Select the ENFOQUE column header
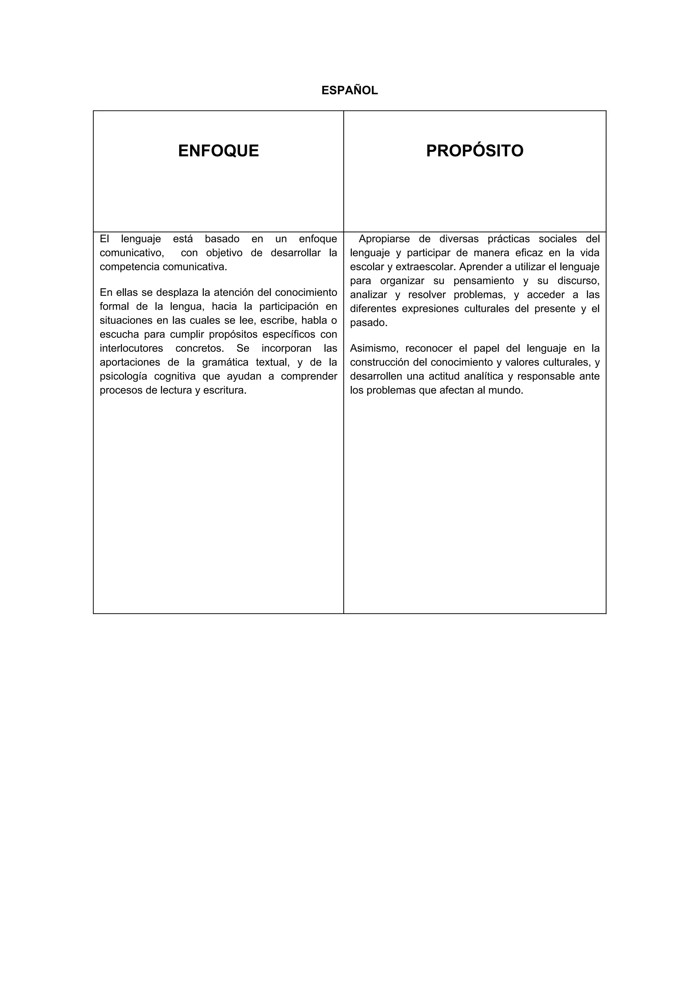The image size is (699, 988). pos(218,151)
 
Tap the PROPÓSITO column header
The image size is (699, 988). pos(475,151)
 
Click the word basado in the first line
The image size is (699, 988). pos(222,239)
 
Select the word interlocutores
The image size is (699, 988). pos(131,348)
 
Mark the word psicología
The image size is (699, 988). pos(123,376)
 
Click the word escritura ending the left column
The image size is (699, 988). pos(225,391)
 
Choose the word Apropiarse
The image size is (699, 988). pos(384,239)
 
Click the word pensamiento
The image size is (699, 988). pos(484,281)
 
